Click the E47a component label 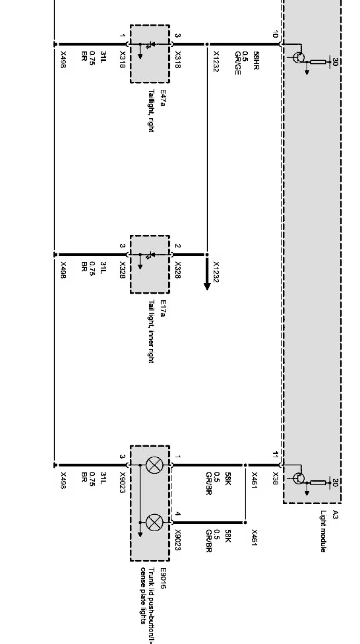coord(162,98)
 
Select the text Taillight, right coord(151,110)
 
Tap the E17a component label coord(162,308)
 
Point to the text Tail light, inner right coord(151,331)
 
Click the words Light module coord(323,531)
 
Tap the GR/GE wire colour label coord(237,63)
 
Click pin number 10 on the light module coord(274,34)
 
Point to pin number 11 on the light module coord(275,455)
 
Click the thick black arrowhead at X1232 coord(207,285)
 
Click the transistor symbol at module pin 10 coord(299,57)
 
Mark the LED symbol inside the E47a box coord(148,44)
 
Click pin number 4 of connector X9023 coord(178,514)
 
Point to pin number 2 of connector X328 coord(178,246)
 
